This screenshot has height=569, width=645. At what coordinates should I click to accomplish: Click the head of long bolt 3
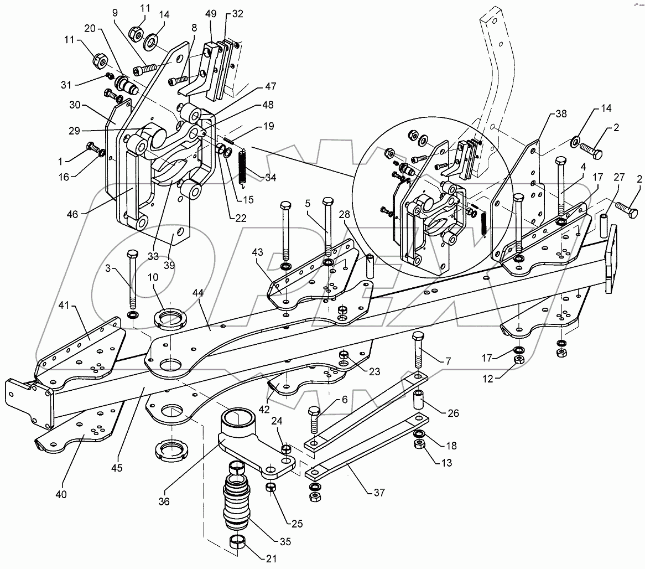(133, 254)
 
